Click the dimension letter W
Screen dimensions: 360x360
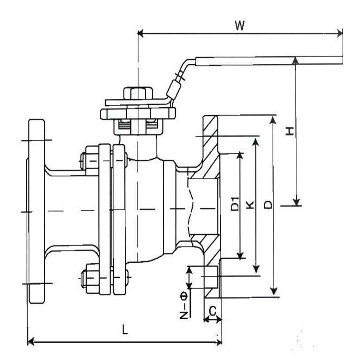pyautogui.click(x=240, y=26)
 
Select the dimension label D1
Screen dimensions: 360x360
pyautogui.click(x=234, y=204)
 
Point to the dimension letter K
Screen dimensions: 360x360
pyautogui.click(x=251, y=205)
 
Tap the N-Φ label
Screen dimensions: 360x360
pyautogui.click(x=184, y=306)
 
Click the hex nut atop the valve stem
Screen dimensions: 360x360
pyautogui.click(x=137, y=94)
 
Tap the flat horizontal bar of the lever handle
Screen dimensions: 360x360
pyautogui.click(x=267, y=61)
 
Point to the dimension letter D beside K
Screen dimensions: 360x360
pyautogui.click(x=269, y=205)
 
